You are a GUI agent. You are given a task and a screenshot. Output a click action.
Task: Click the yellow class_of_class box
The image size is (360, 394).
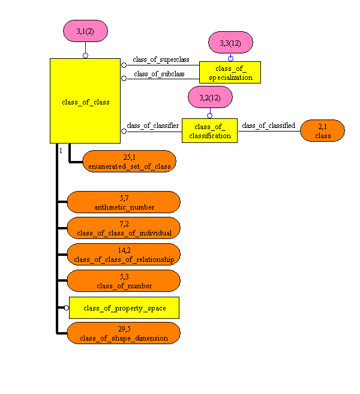[86, 101]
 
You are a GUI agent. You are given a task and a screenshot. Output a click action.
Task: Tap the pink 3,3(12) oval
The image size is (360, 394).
[230, 43]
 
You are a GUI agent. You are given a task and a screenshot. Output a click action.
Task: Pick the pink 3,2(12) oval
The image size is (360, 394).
[209, 98]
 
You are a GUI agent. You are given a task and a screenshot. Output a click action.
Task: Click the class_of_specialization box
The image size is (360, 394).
[230, 72]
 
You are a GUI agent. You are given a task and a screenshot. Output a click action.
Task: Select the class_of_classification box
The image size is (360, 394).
[209, 130]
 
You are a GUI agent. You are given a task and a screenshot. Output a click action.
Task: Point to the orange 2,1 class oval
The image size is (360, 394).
[323, 130]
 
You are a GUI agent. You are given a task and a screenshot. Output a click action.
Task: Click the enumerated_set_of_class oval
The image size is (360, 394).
[128, 162]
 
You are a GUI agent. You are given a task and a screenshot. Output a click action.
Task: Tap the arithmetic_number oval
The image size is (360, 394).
[124, 202]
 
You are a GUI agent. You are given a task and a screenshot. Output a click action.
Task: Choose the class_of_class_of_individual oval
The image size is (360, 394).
[124, 228]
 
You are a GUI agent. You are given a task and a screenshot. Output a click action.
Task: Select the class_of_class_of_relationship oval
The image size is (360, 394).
[124, 255]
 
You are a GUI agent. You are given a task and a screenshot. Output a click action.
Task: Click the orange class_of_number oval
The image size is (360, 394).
[124, 281]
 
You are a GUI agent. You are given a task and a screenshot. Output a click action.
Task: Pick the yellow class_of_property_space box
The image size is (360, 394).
[124, 308]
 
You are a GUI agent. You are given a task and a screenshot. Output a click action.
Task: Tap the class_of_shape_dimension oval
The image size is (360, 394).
[124, 333]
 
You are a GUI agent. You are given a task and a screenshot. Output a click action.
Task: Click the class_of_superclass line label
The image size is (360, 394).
[161, 59]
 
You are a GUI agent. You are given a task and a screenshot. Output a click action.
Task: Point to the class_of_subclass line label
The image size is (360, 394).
[159, 74]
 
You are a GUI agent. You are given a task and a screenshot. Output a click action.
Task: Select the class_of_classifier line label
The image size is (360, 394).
[152, 126]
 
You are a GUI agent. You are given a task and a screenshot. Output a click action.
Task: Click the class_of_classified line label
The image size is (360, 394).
[268, 126]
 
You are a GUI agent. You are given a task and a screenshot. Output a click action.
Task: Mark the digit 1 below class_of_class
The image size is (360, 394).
[61, 150]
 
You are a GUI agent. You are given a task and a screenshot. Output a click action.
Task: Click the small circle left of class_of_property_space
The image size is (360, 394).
[67, 308]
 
